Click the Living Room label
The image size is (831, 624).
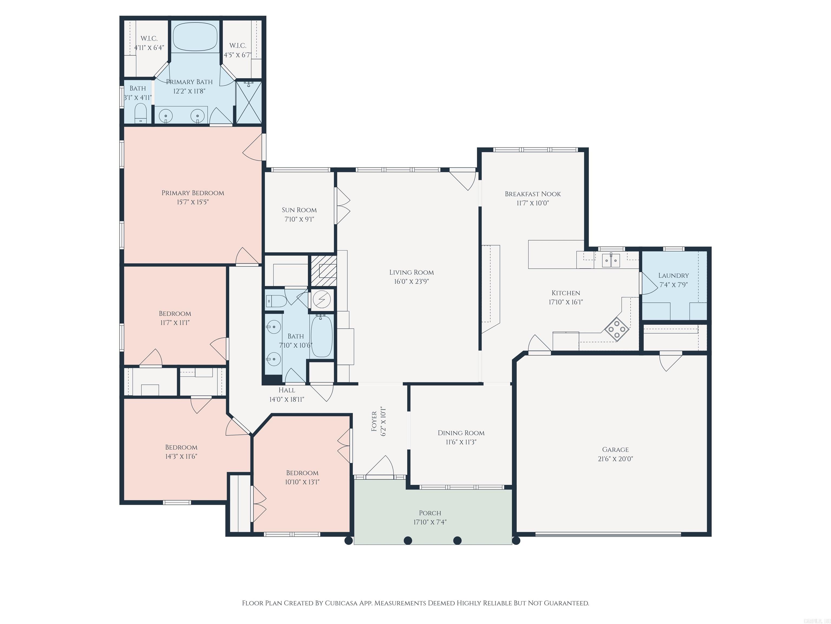coord(411,272)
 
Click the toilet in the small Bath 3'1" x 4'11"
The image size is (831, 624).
coord(140,113)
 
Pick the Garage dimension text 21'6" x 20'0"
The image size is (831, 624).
coord(615,459)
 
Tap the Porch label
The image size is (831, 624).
coord(430,513)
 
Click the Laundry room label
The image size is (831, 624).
coord(674,276)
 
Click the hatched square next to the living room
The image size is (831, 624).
coord(323,271)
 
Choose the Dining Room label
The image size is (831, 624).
coord(461,433)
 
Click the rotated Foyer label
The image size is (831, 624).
coord(374,421)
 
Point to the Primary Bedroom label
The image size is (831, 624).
coord(193,193)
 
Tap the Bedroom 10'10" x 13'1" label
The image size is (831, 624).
coord(302,473)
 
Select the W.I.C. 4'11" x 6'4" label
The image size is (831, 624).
coord(149,39)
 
